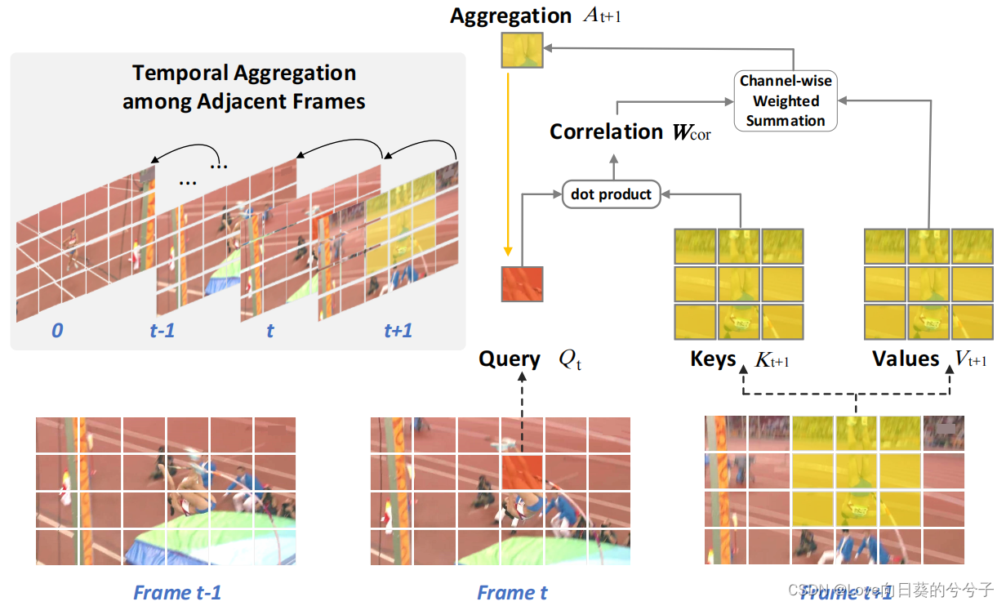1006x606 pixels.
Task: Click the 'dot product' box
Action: pyautogui.click(x=611, y=194)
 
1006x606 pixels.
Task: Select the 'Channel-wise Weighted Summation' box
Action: pyautogui.click(x=785, y=101)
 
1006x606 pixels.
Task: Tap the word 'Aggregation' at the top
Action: pyautogui.click(x=510, y=16)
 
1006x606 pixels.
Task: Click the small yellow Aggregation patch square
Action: pyautogui.click(x=521, y=50)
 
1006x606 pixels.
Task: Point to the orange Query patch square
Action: pyautogui.click(x=522, y=283)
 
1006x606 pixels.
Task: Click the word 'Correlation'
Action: pyautogui.click(x=606, y=131)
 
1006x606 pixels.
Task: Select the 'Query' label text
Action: pyautogui.click(x=509, y=359)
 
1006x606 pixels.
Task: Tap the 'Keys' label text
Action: pyautogui.click(x=713, y=359)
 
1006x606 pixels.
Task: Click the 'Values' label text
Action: pyautogui.click(x=906, y=359)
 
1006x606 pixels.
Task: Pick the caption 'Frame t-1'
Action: pyautogui.click(x=177, y=592)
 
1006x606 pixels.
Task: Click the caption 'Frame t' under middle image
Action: pyautogui.click(x=512, y=592)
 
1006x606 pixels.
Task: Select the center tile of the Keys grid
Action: pyautogui.click(x=739, y=283)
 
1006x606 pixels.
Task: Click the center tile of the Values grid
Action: pyautogui.click(x=929, y=283)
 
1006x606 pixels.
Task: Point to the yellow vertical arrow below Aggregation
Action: pyautogui.click(x=508, y=163)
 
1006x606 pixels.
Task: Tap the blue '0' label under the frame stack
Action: pyautogui.click(x=56, y=331)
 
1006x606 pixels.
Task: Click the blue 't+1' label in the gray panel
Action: pyautogui.click(x=398, y=331)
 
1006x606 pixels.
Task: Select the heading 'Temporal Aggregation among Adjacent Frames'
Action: pyautogui.click(x=243, y=87)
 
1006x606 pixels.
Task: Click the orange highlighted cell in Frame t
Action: pyautogui.click(x=522, y=473)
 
